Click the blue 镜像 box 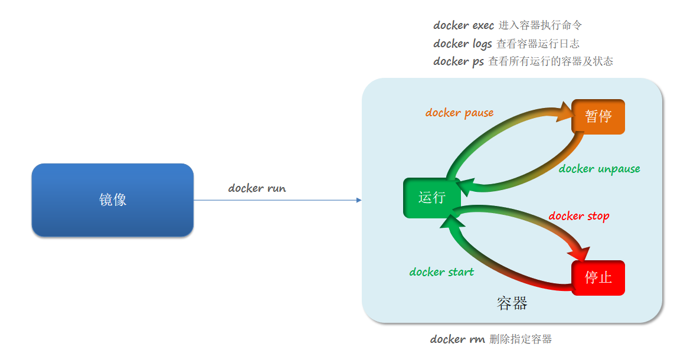coord(112,200)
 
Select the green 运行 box coord(431,198)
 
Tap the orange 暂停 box coord(598,116)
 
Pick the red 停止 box coord(598,277)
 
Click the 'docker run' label coord(257,188)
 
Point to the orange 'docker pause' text coord(459,113)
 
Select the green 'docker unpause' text coord(599,169)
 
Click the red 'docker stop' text coord(578,216)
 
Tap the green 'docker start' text coord(441,272)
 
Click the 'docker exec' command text coord(463,25)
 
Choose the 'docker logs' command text coord(462,44)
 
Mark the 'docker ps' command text coord(458,61)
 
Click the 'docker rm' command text coord(457,339)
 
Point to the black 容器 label coord(512,303)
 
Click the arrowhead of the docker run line coord(359,200)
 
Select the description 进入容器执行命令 coord(540,25)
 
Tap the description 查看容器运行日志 coord(538,44)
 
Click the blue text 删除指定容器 coord(521,339)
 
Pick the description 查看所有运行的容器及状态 coord(551,61)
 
